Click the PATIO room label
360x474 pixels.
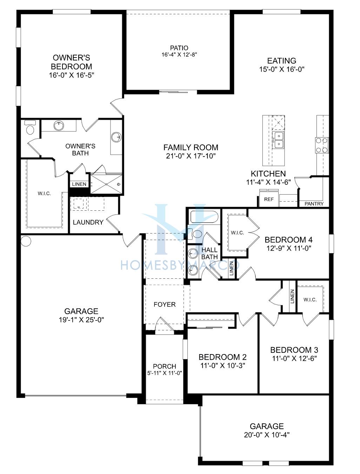coord(179,48)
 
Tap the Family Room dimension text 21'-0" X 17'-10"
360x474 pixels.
coord(191,156)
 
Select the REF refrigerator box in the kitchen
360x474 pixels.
coord(268,199)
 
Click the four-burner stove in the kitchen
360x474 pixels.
coord(322,145)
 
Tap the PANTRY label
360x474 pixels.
coord(314,204)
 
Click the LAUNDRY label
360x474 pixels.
coord(88,222)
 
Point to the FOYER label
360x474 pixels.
coord(165,304)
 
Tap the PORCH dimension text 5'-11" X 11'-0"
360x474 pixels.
coord(165,373)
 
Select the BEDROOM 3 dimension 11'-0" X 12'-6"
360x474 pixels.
coord(294,358)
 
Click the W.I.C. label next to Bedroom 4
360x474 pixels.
coord(237,233)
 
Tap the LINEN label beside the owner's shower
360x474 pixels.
coord(79,184)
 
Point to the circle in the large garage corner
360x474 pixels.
coord(26,241)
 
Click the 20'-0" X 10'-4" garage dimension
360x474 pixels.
coord(267,435)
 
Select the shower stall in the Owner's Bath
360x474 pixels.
coord(106,184)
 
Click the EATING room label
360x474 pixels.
coord(282,61)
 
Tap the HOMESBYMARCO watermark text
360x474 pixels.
coord(180,265)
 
